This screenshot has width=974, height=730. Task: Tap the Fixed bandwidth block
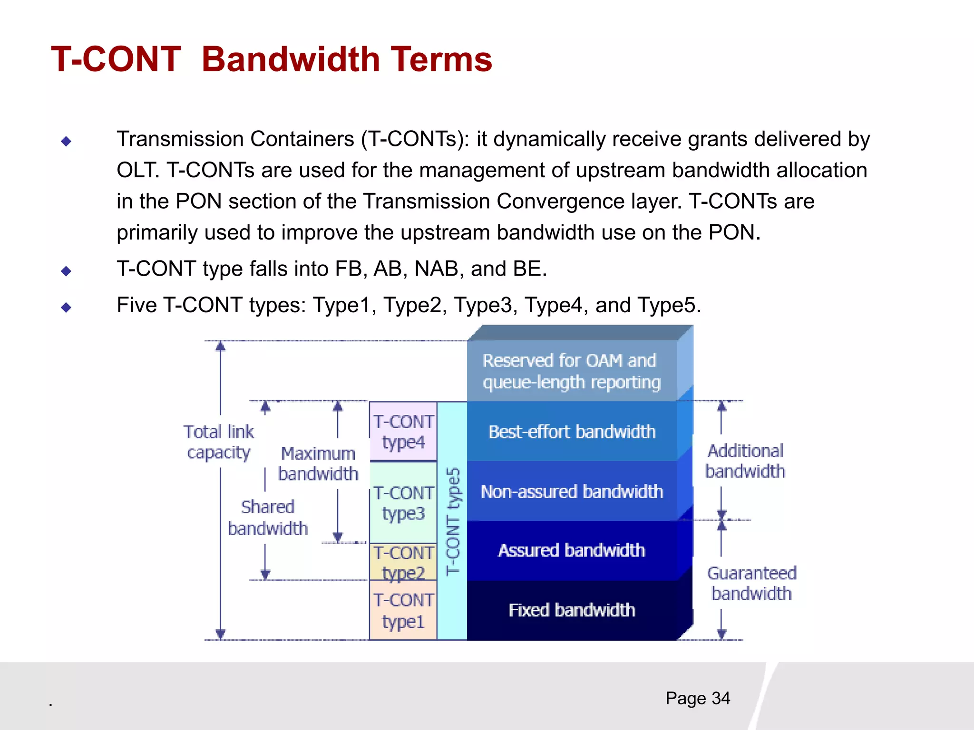[x=572, y=610]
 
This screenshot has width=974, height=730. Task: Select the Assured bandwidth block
[x=572, y=550]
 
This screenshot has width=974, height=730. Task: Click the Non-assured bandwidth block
[x=572, y=491]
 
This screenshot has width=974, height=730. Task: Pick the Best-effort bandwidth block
[x=572, y=432]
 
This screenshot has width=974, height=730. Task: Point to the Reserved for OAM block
[x=572, y=371]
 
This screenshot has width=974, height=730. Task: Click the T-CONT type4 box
[x=403, y=432]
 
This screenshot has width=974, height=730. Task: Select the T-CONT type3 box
[x=403, y=503]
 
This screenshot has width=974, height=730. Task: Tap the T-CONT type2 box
[x=403, y=562]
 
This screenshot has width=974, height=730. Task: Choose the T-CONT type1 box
[x=403, y=611]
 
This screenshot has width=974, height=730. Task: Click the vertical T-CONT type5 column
[x=452, y=521]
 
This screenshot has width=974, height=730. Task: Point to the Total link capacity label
[x=219, y=442]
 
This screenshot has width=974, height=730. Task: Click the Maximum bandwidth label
[x=318, y=463]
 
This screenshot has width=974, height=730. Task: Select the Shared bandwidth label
[x=268, y=518]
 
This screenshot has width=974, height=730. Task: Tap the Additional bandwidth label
[x=745, y=461]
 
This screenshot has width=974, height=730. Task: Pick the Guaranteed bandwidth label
[x=751, y=583]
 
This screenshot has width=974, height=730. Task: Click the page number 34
[x=721, y=698]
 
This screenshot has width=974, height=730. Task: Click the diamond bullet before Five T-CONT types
[x=66, y=307]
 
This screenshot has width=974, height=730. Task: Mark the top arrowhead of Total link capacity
[x=220, y=346]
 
